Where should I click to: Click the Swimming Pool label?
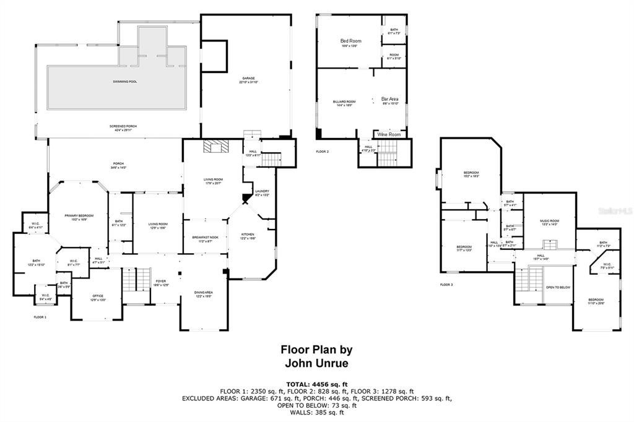click(124, 82)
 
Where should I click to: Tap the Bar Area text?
click(389, 99)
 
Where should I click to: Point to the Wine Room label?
click(389, 134)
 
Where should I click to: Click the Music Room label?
click(550, 222)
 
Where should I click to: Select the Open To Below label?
click(557, 288)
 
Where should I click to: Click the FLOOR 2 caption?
click(323, 152)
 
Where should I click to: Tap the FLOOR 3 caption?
click(446, 285)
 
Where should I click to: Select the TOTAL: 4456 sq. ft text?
click(316, 384)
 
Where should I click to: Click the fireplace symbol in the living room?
click(217, 146)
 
